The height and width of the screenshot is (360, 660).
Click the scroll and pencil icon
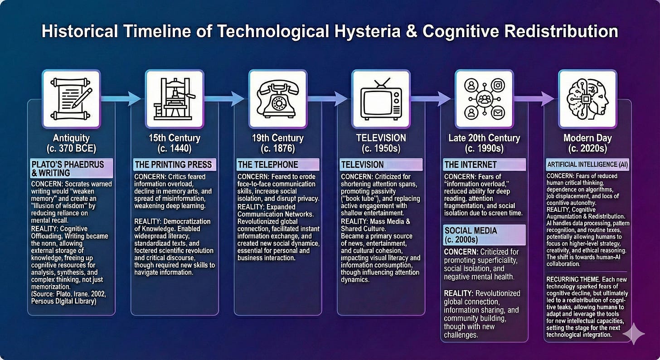71,98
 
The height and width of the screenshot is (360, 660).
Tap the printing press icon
175,98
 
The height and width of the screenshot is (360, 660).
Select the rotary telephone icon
278,98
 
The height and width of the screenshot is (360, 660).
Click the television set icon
381,98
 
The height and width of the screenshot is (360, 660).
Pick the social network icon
484,98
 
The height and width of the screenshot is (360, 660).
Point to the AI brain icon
587,98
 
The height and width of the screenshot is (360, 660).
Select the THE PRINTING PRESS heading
175,164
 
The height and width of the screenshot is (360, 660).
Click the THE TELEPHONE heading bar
278,164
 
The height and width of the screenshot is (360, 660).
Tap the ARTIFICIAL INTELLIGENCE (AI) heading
587,164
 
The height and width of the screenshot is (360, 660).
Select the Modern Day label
587,137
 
